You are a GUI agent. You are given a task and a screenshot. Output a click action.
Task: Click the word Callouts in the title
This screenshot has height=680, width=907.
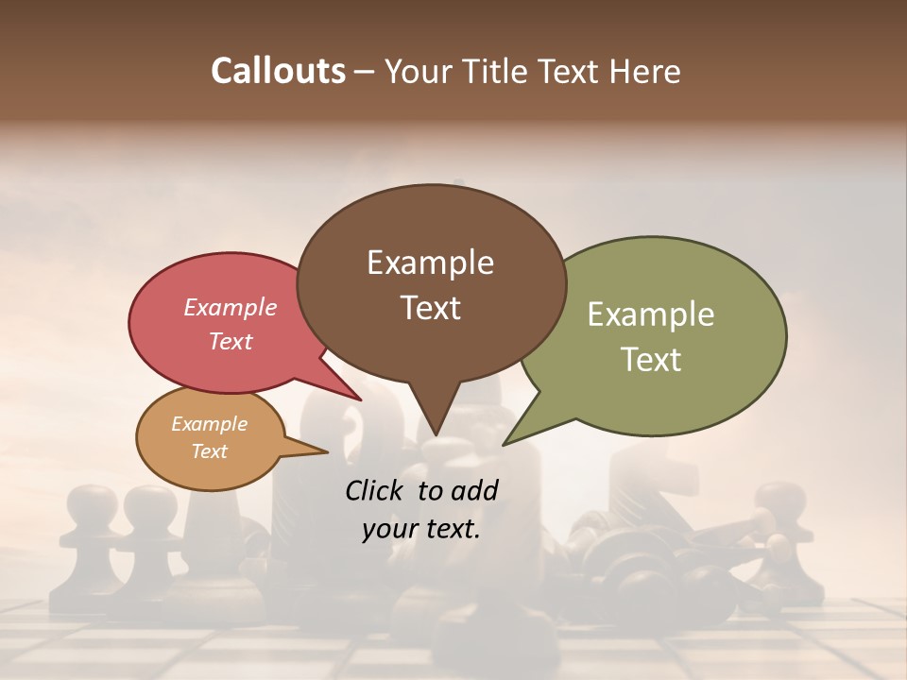coord(278,72)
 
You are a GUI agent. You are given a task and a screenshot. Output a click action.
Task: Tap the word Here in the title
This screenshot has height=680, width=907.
coord(643,72)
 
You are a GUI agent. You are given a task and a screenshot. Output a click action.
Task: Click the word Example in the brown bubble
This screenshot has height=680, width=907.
coord(430,263)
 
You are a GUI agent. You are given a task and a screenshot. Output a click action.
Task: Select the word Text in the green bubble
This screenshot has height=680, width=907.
coord(650,360)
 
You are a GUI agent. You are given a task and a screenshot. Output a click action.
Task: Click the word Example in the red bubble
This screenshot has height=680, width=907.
coord(231,307)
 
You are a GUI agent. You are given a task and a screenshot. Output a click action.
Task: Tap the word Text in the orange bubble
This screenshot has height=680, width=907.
coord(210,451)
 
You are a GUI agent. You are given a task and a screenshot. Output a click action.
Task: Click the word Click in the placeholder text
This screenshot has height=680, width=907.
coord(376,490)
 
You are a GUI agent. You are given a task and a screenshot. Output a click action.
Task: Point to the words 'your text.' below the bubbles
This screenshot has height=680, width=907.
coord(421,529)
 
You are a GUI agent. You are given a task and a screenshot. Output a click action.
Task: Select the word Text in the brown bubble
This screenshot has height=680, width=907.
coord(430,308)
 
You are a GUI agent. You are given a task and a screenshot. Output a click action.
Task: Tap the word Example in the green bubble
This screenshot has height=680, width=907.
coord(650,314)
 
